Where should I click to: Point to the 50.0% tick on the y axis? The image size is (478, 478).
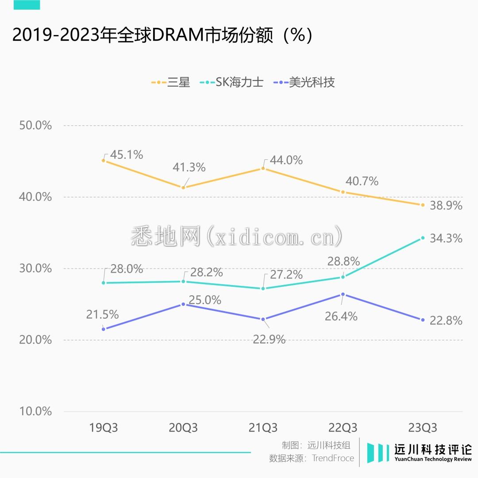click(36, 125)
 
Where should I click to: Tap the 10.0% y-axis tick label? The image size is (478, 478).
click(36, 411)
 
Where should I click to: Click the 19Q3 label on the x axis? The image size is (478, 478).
click(104, 428)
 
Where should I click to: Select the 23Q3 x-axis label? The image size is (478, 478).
click(423, 428)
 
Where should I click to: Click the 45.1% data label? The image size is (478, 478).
click(127, 155)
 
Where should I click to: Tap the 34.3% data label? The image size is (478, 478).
click(446, 239)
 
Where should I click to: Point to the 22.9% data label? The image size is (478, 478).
click(269, 340)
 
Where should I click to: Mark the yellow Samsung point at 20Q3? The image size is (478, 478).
click(183, 188)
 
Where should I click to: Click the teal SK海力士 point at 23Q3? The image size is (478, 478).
click(423, 238)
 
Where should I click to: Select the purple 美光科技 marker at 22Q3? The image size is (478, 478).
click(343, 294)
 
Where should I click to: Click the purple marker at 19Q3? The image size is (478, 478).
click(104, 329)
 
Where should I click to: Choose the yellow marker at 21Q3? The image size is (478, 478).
click(263, 168)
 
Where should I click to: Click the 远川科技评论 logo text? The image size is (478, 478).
click(433, 450)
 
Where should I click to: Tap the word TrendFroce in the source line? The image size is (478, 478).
click(333, 459)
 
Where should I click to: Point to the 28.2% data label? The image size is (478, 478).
click(206, 273)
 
